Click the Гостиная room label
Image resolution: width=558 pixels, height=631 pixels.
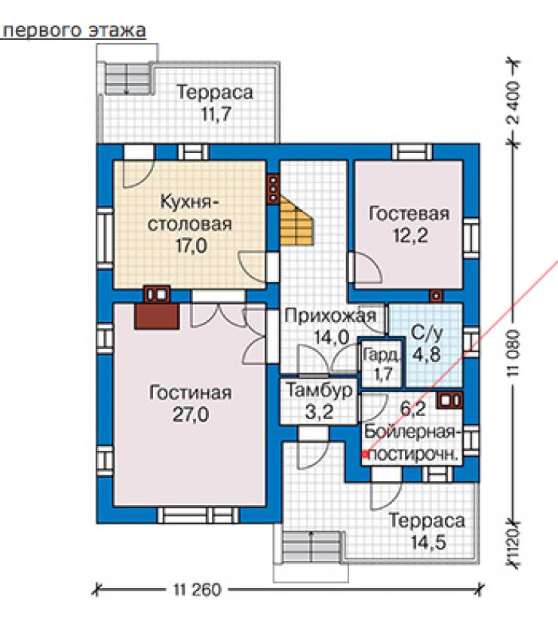point(190,392)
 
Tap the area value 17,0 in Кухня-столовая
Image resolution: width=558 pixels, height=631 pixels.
point(192,246)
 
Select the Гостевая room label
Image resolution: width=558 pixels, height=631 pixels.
point(409,213)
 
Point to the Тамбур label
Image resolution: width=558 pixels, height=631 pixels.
point(319,390)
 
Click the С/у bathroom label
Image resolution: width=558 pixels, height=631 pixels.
point(427,332)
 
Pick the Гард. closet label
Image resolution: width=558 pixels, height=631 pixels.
point(382,354)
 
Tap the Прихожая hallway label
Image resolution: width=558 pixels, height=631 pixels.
point(330,315)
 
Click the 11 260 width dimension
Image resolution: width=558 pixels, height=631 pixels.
point(198,590)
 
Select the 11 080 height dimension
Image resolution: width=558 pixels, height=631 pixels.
point(514,354)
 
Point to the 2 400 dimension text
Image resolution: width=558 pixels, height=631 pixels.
point(514,103)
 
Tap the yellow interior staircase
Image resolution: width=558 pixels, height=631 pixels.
point(296,221)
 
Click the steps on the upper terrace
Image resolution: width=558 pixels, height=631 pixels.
point(130,78)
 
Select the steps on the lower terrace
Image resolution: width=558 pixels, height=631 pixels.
point(311,547)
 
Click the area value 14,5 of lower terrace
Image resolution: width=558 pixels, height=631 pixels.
point(428,542)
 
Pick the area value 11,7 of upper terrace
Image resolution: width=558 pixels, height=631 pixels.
point(216,114)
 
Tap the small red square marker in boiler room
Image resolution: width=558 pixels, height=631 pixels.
point(365,455)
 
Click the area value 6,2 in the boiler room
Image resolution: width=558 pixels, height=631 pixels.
point(413,409)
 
